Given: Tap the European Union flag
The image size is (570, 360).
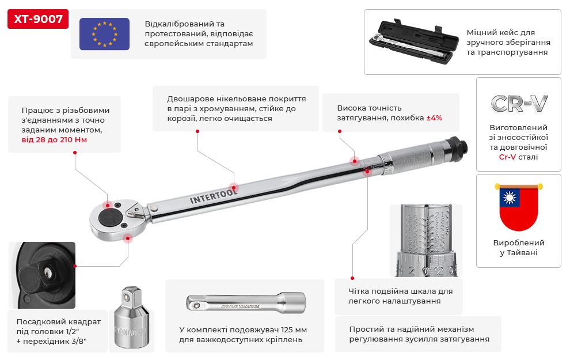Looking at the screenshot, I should pos(104,34).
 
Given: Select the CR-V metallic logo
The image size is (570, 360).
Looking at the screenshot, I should pos(519,103).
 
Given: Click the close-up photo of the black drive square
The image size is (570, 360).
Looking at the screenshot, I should pos(42,274).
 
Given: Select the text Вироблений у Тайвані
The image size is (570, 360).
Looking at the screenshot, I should pos(518,248).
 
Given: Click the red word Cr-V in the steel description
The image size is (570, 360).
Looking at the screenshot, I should pos(507,157).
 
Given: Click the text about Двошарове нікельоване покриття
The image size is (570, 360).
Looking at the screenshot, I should pos(236,109).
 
